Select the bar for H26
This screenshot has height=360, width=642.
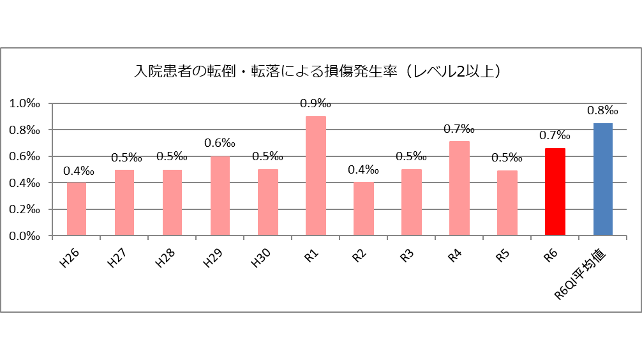77,209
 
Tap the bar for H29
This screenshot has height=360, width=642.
220,196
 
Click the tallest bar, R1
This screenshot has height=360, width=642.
316,176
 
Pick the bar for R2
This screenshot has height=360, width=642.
364,209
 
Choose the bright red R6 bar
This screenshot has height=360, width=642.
555,192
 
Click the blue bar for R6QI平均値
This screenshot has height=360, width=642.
603,179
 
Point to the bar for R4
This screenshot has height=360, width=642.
459,188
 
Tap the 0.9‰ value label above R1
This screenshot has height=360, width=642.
316,103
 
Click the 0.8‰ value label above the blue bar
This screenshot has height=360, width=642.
603,110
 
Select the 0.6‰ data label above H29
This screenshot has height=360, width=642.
220,143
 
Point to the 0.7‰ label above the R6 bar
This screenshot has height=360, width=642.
555,135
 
